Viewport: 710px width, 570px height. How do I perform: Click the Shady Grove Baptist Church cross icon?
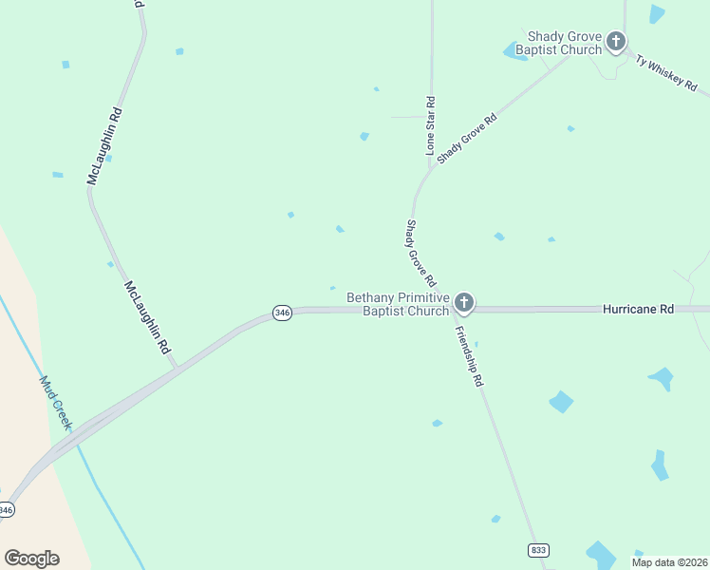(x=616, y=41)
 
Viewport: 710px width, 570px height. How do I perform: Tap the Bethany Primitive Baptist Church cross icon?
(x=464, y=303)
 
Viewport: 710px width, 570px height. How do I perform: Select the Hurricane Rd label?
(x=638, y=309)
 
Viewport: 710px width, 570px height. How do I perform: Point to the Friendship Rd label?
(x=470, y=356)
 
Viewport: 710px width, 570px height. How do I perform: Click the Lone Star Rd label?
(x=430, y=126)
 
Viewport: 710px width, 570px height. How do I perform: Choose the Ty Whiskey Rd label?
(x=666, y=72)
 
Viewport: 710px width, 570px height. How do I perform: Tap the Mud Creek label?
(x=55, y=401)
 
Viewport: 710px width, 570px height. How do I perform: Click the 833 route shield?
(x=538, y=550)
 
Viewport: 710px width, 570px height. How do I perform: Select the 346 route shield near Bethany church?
(x=281, y=313)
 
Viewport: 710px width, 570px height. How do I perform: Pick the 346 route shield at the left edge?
(x=7, y=510)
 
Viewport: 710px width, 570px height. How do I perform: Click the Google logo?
(x=31, y=559)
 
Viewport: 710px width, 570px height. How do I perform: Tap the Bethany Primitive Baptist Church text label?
(x=397, y=304)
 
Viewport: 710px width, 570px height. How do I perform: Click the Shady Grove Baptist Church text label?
(x=565, y=43)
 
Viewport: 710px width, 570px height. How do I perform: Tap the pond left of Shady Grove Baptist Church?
(x=515, y=52)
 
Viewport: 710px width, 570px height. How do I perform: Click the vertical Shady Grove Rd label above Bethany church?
(x=420, y=255)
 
